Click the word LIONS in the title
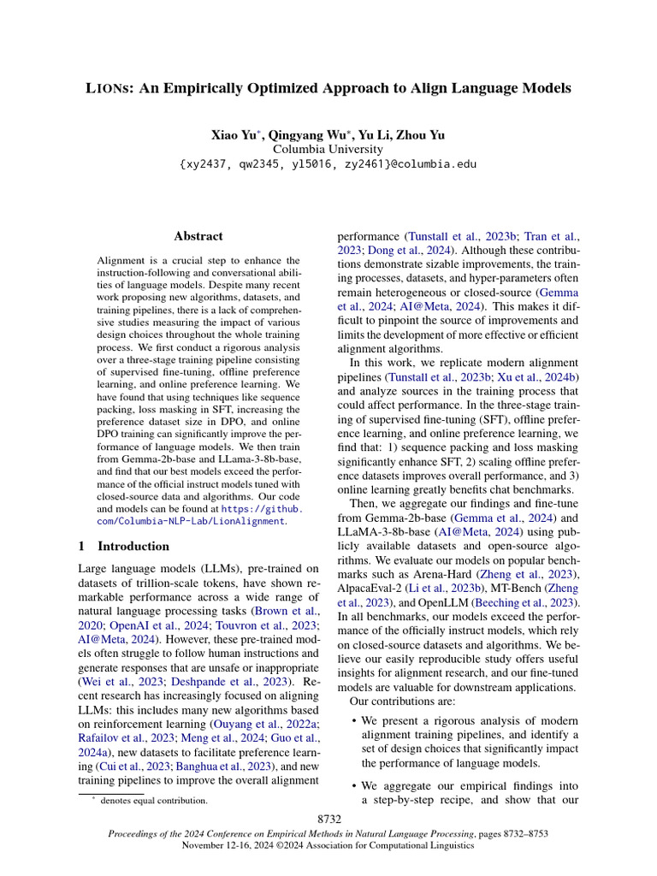[x=110, y=88]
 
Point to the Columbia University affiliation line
[x=328, y=150]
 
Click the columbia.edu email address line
[x=328, y=164]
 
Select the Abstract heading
[x=198, y=236]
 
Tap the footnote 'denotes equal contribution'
[x=153, y=801]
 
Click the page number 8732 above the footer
[x=328, y=819]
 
